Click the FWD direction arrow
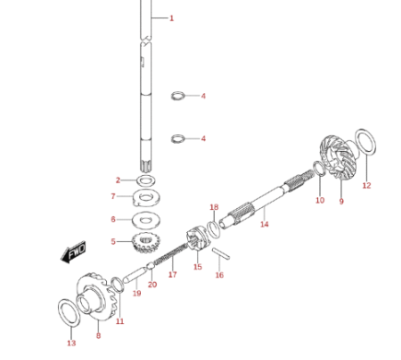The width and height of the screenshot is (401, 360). click(x=73, y=252)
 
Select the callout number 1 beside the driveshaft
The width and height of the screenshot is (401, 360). click(x=171, y=18)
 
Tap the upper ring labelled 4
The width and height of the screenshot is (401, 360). click(x=178, y=96)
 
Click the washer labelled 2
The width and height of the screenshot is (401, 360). click(x=146, y=180)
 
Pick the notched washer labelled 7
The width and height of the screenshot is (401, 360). click(x=147, y=198)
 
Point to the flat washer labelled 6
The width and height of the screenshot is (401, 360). click(x=146, y=220)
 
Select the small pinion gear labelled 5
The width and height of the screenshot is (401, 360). click(x=145, y=242)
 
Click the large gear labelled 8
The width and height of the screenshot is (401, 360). click(x=96, y=296)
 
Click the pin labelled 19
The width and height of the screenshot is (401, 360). click(x=134, y=275)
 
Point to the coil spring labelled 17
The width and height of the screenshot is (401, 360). click(x=171, y=253)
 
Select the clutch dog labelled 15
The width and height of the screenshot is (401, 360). click(x=197, y=238)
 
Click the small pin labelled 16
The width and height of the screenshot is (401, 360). click(x=220, y=253)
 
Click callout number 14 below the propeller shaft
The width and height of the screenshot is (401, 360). click(x=265, y=224)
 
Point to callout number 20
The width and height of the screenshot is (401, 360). click(x=152, y=285)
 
